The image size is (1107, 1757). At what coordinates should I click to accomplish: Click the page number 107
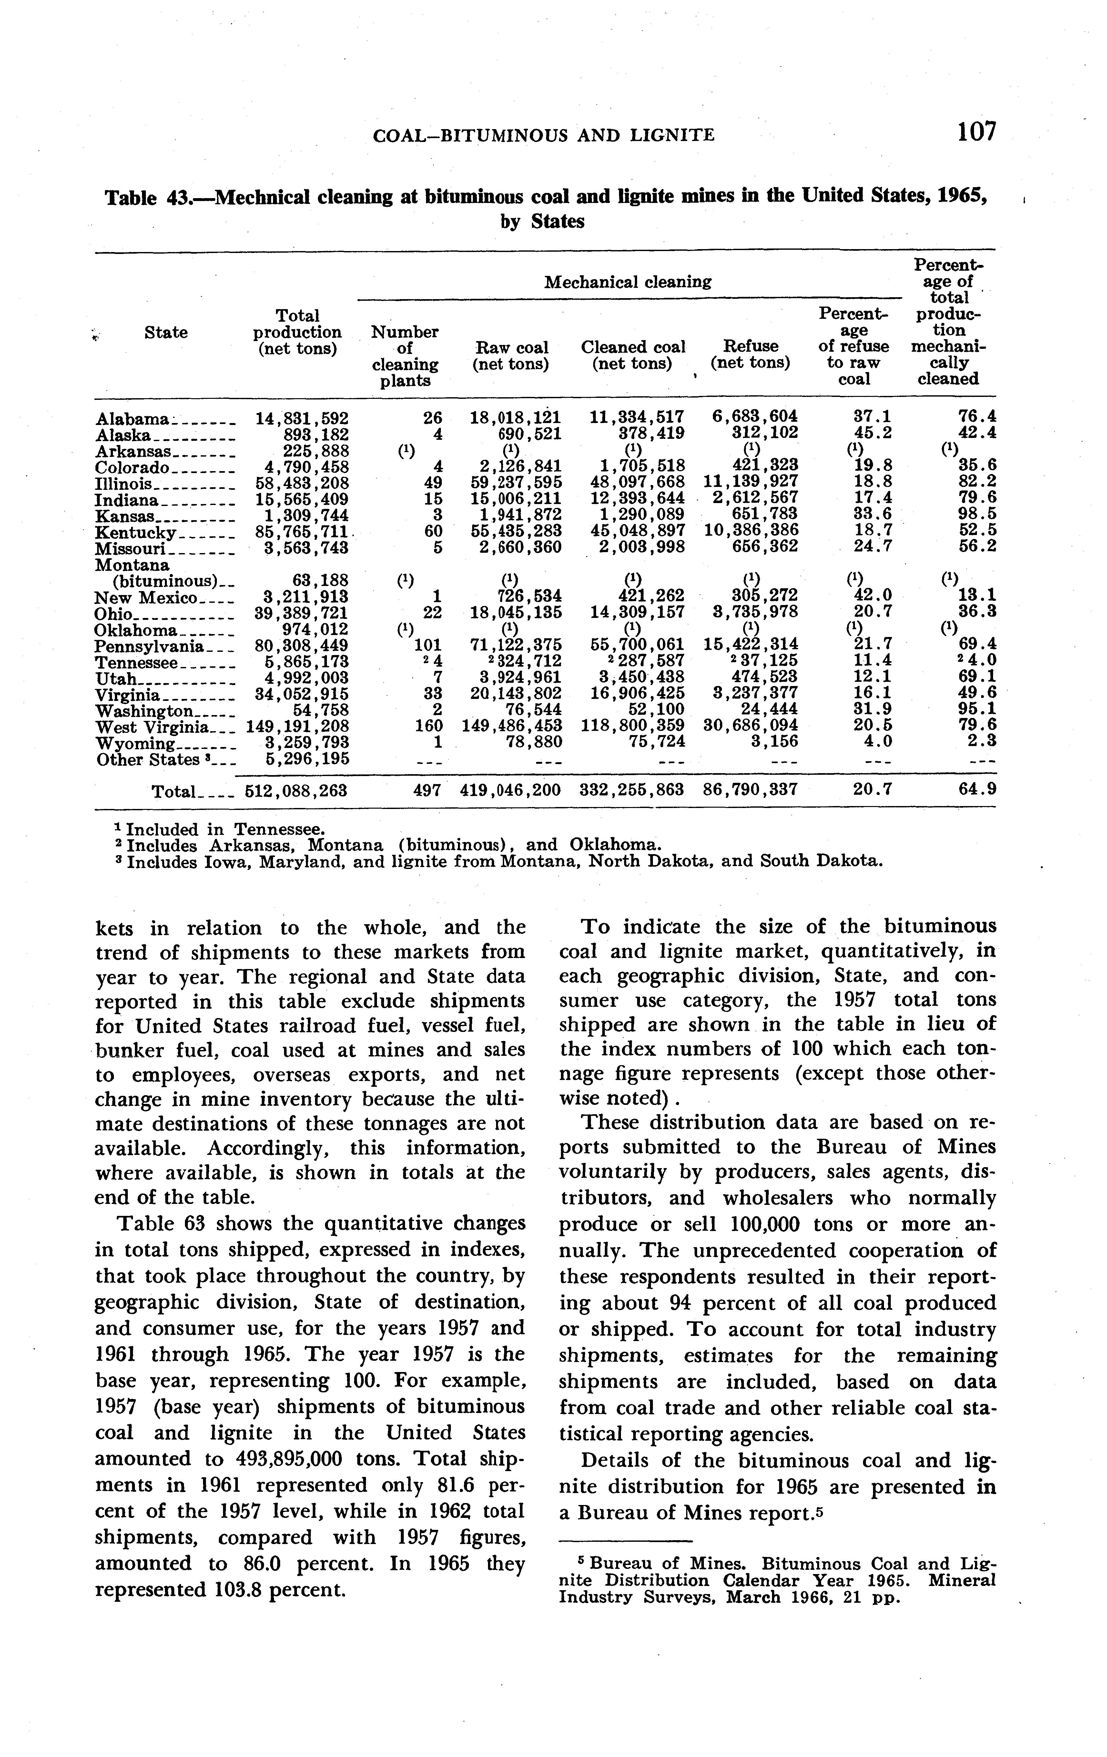[976, 132]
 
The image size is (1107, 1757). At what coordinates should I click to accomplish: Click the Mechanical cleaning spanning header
[627, 282]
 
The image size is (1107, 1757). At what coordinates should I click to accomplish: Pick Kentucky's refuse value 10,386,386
[752, 530]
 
